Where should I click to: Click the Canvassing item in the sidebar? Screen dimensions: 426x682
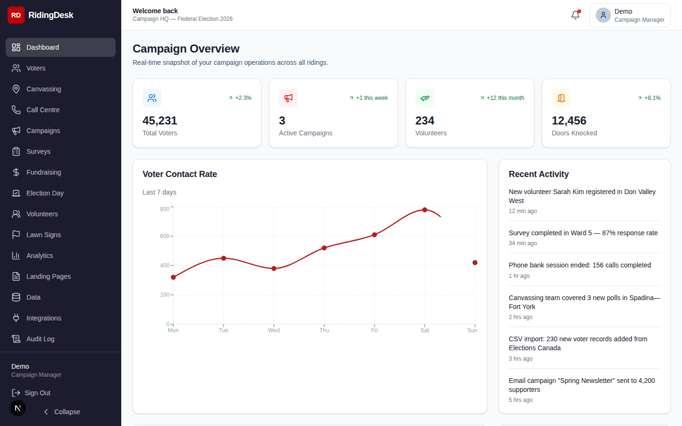coord(44,89)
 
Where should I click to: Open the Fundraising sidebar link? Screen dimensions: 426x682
coord(44,172)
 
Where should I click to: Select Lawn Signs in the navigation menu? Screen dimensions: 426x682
coord(44,235)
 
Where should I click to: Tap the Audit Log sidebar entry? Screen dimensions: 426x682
coord(40,339)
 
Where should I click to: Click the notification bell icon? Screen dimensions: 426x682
coord(575,15)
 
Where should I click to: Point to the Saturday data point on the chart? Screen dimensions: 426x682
coord(425,210)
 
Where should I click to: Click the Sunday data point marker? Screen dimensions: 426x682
coord(475,263)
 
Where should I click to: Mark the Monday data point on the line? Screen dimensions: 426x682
coord(173,277)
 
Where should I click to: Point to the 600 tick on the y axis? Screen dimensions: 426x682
coord(165,236)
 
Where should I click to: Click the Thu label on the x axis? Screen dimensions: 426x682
coord(324,330)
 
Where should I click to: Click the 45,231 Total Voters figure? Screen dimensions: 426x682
coord(160,121)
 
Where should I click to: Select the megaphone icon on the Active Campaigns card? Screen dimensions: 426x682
coord(288,98)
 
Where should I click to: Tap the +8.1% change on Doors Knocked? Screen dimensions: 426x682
coord(652,98)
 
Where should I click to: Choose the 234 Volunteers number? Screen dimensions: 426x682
coord(425,121)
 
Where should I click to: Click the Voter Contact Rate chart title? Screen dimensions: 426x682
coord(179,174)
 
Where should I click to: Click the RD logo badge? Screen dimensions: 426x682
coord(16,15)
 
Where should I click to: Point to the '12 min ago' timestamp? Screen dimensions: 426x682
coord(522,211)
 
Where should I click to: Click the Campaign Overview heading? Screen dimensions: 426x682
coord(186,49)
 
